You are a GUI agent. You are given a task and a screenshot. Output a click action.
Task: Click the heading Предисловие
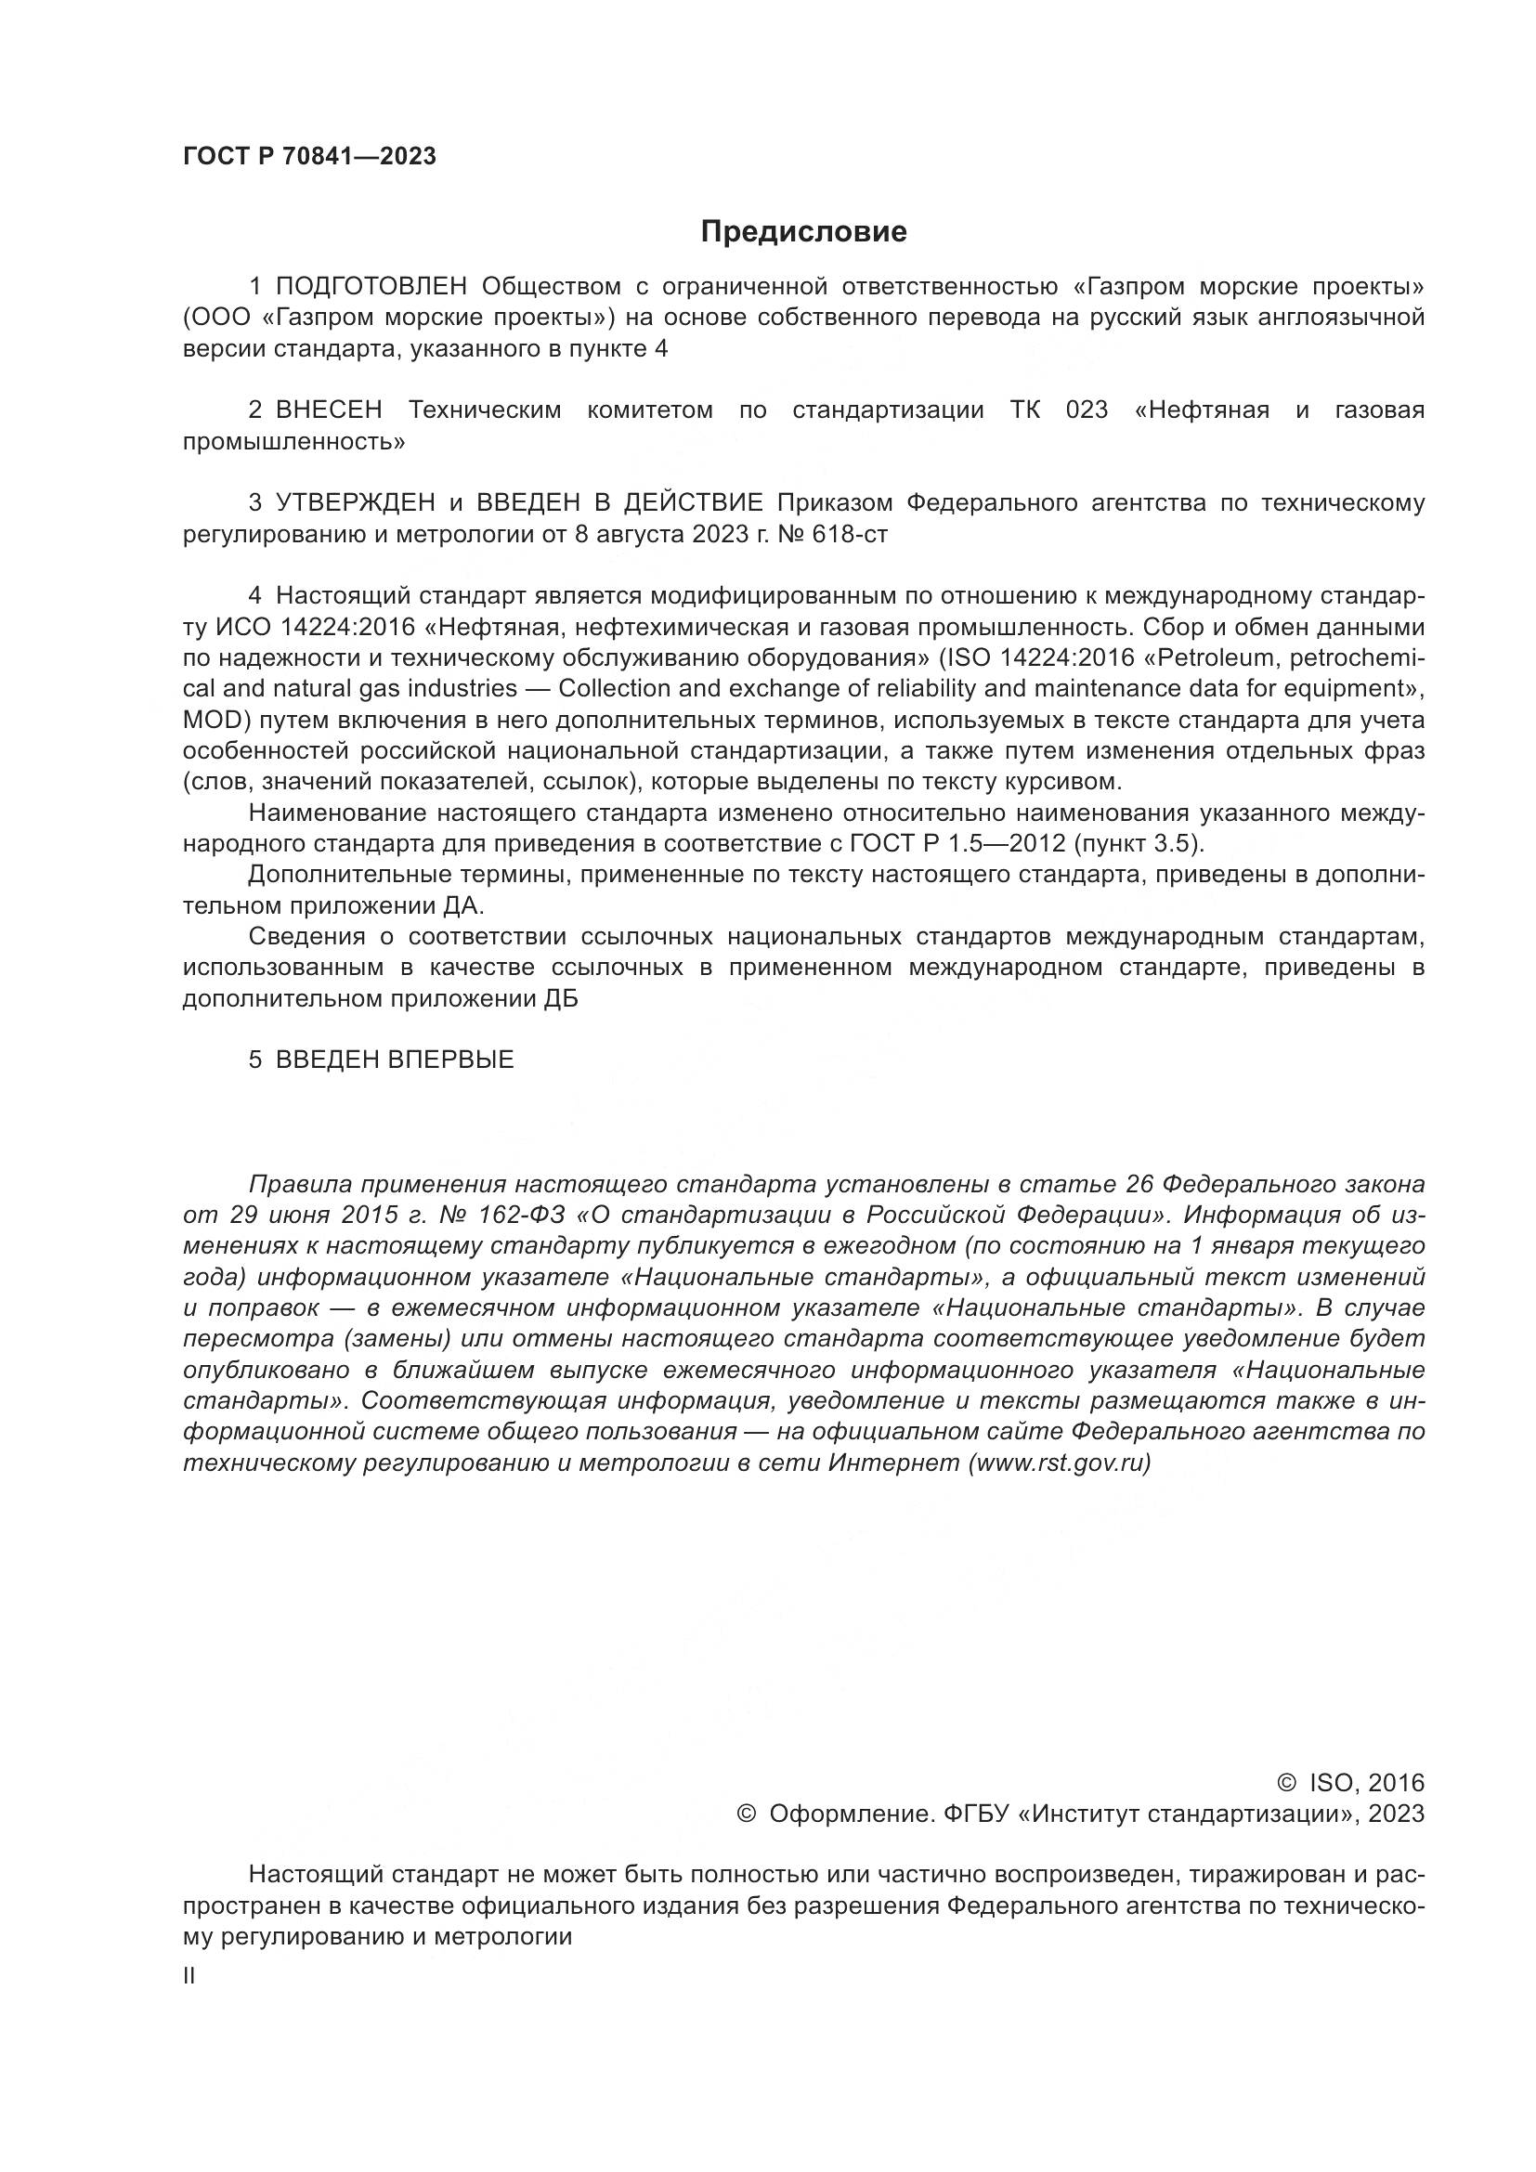click(x=803, y=232)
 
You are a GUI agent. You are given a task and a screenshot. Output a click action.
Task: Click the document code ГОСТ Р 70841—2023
click(x=309, y=157)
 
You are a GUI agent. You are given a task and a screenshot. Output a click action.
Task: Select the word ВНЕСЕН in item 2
click(x=329, y=410)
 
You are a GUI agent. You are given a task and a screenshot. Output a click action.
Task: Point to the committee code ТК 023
click(x=1059, y=410)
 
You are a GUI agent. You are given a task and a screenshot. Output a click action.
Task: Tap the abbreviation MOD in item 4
click(x=215, y=721)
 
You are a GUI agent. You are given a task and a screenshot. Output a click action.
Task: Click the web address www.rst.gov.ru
click(x=1060, y=1463)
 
